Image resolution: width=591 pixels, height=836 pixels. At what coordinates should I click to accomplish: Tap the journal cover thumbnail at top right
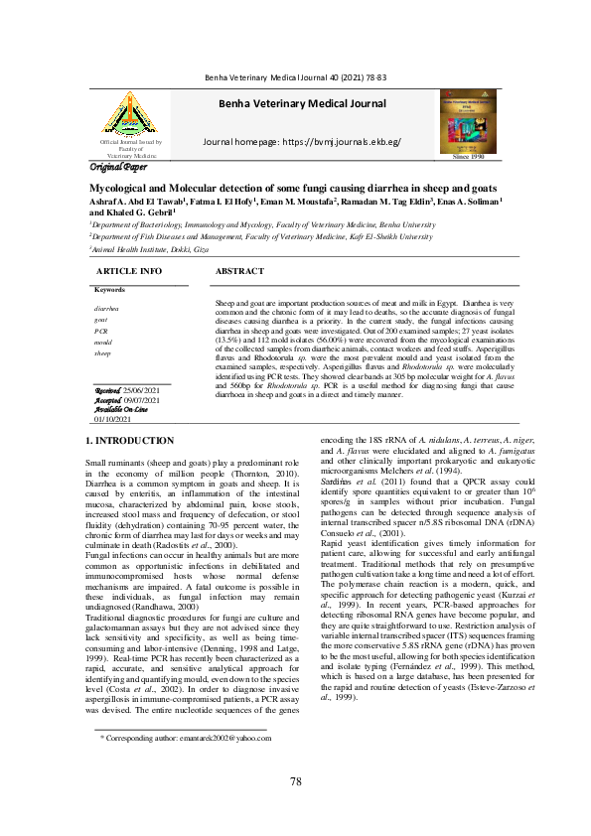[468, 119]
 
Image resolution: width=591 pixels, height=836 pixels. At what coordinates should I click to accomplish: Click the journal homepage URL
[301, 143]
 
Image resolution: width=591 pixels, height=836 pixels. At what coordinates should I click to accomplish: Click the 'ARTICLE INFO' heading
[128, 271]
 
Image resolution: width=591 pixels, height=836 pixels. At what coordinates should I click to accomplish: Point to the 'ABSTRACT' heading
[239, 271]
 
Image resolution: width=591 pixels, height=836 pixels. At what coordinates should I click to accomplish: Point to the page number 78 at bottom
[295, 782]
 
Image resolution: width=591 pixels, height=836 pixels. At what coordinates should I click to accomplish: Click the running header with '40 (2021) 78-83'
[295, 76]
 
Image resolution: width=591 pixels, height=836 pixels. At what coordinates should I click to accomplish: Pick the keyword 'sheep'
[103, 353]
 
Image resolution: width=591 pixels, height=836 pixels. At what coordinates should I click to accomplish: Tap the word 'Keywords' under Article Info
[110, 289]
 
